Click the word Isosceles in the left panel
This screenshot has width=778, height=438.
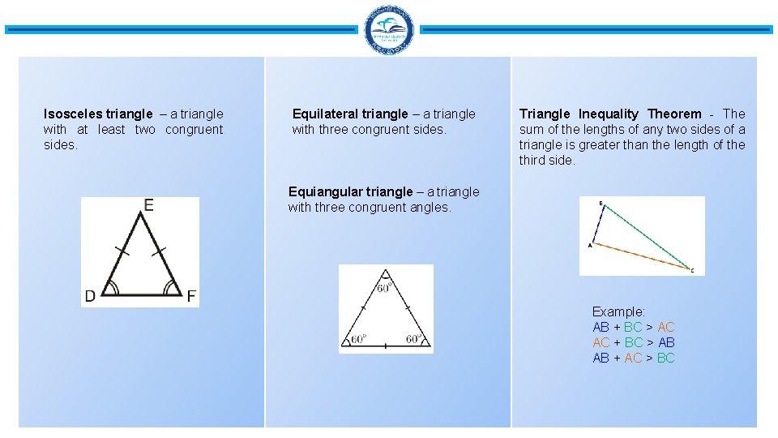point(73,114)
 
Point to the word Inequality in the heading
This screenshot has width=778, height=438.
point(609,114)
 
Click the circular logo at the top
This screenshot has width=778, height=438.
point(389,31)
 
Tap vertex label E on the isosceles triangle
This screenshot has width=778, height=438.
point(148,206)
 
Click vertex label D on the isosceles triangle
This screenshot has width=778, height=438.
point(90,296)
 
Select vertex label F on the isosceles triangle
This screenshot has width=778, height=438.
point(191,296)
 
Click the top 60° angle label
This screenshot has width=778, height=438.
point(385,286)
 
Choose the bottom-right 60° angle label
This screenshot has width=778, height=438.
point(413,339)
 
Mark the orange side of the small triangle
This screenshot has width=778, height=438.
point(640,255)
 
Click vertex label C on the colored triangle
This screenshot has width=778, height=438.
point(692,271)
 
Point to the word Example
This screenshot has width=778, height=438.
point(618,312)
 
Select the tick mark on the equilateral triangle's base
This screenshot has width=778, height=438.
point(385,346)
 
